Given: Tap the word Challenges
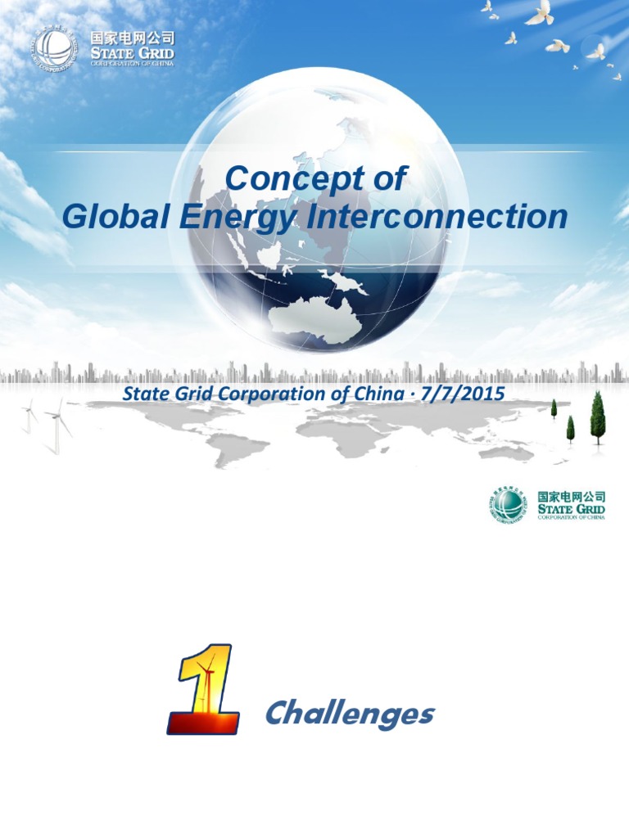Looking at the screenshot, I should click(x=349, y=714).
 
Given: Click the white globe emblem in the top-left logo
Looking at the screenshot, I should click(x=55, y=48).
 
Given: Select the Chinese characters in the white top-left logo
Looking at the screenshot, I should click(x=130, y=37).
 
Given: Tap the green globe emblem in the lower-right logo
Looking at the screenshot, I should click(x=509, y=504).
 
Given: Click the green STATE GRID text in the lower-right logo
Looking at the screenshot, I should click(x=571, y=509).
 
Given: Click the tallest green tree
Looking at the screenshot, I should click(x=598, y=416).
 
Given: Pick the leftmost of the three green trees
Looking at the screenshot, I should click(x=554, y=408).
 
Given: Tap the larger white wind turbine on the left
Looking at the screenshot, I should click(x=58, y=422).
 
